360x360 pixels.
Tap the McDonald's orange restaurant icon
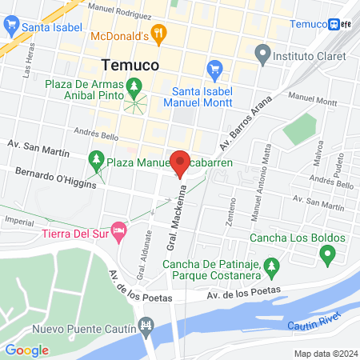(160, 34)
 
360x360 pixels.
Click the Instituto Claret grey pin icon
(262, 56)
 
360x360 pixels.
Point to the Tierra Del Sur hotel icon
(119, 232)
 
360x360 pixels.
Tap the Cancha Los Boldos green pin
(326, 256)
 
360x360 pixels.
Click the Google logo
(27, 350)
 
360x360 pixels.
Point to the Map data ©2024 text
(324, 354)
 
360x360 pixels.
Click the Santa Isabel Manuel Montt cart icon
(214, 68)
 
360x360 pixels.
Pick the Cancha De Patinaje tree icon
(271, 264)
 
